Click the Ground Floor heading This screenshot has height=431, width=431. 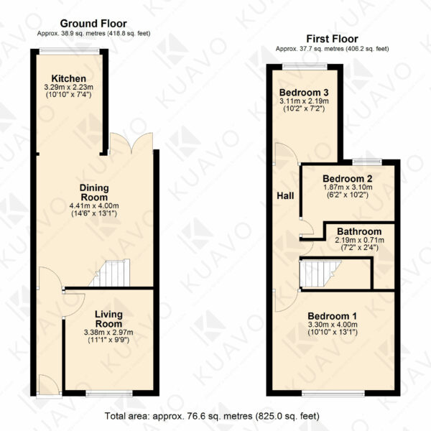pyautogui.click(x=93, y=24)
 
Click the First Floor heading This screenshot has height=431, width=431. pyautogui.click(x=332, y=39)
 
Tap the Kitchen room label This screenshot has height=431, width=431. pyautogui.click(x=69, y=78)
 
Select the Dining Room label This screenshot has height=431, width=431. pyautogui.click(x=94, y=193)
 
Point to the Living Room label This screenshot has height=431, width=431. pyautogui.click(x=108, y=319)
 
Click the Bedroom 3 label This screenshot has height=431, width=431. pyautogui.click(x=304, y=93)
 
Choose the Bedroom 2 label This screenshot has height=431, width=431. pyautogui.click(x=348, y=179)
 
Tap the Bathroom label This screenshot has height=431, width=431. pyautogui.click(x=359, y=231)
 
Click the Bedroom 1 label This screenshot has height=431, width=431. pyautogui.click(x=332, y=316)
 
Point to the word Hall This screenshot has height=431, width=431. pyautogui.click(x=285, y=195)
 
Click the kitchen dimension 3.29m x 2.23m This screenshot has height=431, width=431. pyautogui.click(x=69, y=88)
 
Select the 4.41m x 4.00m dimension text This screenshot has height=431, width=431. pyautogui.click(x=94, y=205)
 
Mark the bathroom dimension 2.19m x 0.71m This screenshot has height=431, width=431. pyautogui.click(x=360, y=240)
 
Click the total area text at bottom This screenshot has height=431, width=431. pyautogui.click(x=212, y=416)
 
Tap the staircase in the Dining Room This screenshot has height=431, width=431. pyautogui.click(x=110, y=273)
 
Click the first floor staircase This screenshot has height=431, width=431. pyautogui.click(x=320, y=274)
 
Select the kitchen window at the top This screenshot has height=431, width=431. pyautogui.click(x=69, y=51)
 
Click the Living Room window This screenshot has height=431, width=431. pyautogui.click(x=109, y=394)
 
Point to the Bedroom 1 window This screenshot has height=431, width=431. pyautogui.click(x=333, y=394)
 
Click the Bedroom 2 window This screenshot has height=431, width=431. pyautogui.click(x=367, y=162)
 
